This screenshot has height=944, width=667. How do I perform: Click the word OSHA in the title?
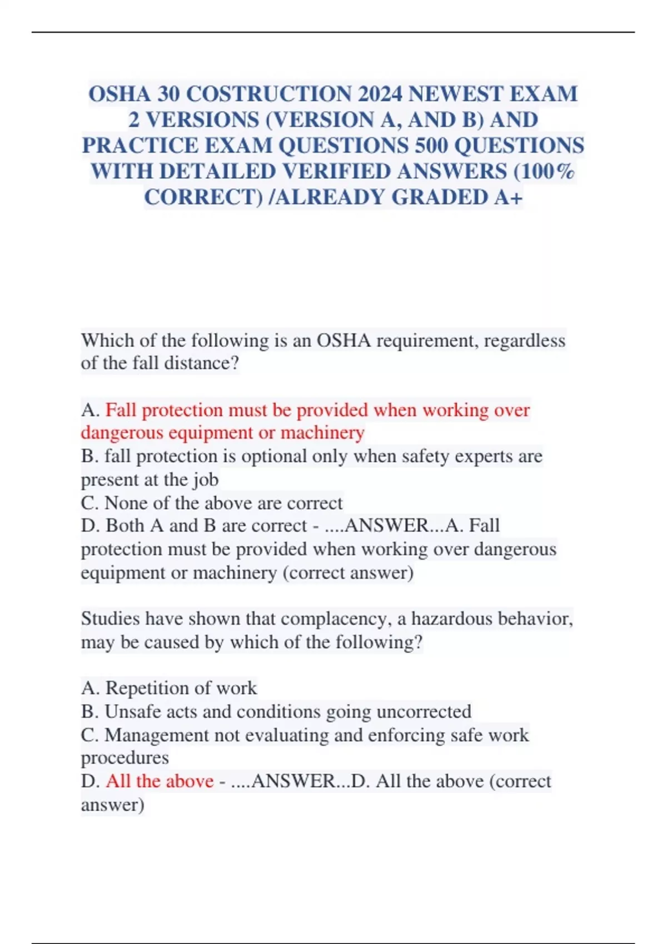pos(119,94)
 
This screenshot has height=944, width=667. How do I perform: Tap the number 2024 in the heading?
pos(379,94)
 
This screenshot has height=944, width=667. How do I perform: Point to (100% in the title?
pos(544,171)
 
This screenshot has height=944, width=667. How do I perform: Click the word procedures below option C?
pos(125,758)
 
